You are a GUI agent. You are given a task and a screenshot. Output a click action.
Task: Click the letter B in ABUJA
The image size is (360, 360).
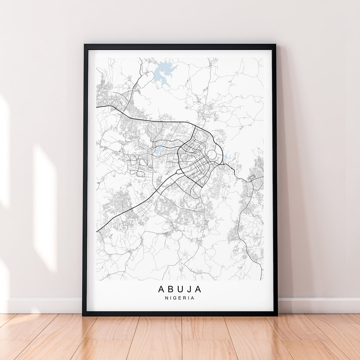[170, 289]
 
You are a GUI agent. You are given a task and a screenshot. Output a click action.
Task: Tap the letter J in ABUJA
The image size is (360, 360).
[190, 289]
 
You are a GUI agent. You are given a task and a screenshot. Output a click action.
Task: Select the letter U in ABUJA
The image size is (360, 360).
[180, 289]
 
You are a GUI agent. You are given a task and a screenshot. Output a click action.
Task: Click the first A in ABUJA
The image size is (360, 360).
[161, 289]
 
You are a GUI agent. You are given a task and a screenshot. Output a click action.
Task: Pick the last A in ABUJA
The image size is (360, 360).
[199, 289]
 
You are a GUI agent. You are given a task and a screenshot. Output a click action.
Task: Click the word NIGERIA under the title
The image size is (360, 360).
[180, 298]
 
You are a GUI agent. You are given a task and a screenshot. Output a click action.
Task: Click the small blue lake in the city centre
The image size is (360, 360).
[158, 151]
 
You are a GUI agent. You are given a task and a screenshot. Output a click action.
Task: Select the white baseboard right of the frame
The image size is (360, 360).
[318, 305]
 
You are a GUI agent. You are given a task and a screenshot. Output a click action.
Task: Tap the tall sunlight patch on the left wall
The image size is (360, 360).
[45, 207]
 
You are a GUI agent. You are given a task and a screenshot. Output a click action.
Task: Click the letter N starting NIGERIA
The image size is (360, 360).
[166, 298]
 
